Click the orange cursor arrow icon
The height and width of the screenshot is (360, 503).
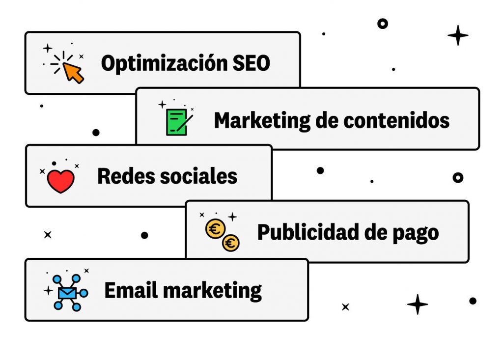74,73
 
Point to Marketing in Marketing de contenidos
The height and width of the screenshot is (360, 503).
262,120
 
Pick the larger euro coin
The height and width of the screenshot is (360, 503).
215,229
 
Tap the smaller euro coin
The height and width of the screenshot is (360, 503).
230,242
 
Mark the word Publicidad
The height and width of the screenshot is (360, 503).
305,232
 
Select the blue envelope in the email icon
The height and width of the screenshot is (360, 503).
67,293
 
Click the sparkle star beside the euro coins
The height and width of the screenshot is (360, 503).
232,216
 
